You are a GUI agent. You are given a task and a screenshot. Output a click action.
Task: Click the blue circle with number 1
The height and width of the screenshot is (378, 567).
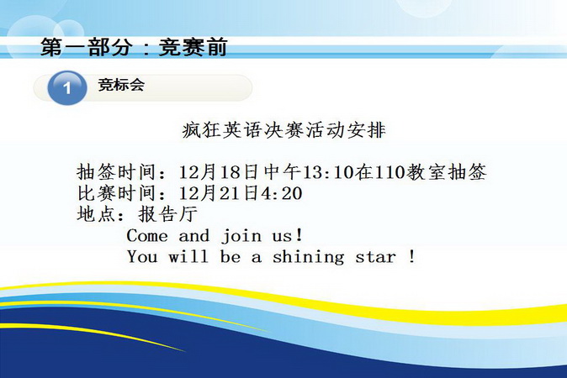click(67, 87)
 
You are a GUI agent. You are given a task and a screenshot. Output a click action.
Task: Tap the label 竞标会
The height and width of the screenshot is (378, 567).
click(121, 85)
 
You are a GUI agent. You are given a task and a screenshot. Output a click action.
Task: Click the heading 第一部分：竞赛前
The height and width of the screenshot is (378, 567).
click(134, 47)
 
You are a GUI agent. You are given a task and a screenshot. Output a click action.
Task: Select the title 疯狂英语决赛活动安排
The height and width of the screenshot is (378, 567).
click(283, 130)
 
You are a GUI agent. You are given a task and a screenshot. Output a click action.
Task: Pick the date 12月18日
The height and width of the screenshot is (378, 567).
click(218, 172)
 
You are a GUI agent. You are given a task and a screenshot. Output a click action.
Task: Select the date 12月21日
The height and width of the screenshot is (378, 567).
click(218, 193)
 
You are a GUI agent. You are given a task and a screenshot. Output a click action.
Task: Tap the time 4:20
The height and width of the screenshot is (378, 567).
click(281, 193)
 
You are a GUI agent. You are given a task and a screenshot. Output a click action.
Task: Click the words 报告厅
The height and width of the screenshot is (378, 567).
click(168, 214)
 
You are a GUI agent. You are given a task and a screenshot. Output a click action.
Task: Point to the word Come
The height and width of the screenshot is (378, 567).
click(147, 236)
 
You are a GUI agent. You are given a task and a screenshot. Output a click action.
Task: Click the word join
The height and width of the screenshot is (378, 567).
click(241, 237)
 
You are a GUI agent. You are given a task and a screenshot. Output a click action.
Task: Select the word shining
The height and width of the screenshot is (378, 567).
click(308, 258)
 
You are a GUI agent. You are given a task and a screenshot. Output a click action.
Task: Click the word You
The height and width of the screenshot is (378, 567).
click(142, 257)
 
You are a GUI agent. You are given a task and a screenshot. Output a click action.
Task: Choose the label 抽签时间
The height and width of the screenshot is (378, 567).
click(116, 172)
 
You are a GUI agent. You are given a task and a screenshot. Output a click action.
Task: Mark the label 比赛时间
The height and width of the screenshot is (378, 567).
click(116, 193)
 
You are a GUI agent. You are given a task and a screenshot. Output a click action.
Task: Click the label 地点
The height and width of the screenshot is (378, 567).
click(96, 214)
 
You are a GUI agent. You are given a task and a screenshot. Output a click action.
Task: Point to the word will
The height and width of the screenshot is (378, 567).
click(188, 257)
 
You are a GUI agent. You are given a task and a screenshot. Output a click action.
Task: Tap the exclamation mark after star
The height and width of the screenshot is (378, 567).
click(412, 257)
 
